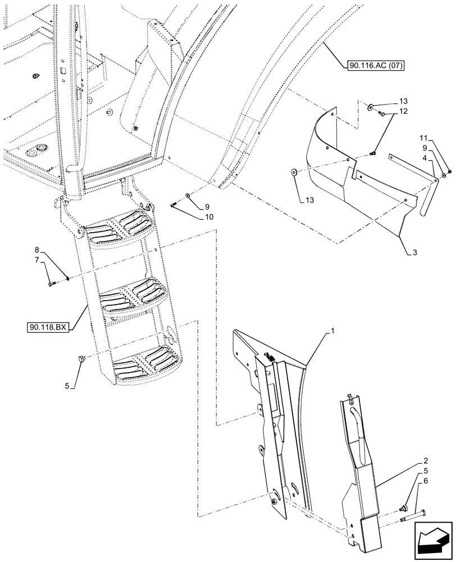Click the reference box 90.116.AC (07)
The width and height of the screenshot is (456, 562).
pos(373,65)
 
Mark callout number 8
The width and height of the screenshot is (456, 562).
pos(37,249)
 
